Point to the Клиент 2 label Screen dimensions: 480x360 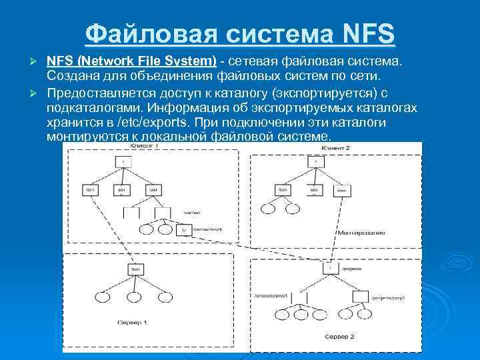pyautogui.click(x=335, y=146)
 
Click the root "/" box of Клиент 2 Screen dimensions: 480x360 pyautogui.click(x=315, y=161)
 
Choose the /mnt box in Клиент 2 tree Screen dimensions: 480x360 pyautogui.click(x=343, y=191)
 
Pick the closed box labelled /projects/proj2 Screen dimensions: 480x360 pyautogui.click(x=360, y=296)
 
